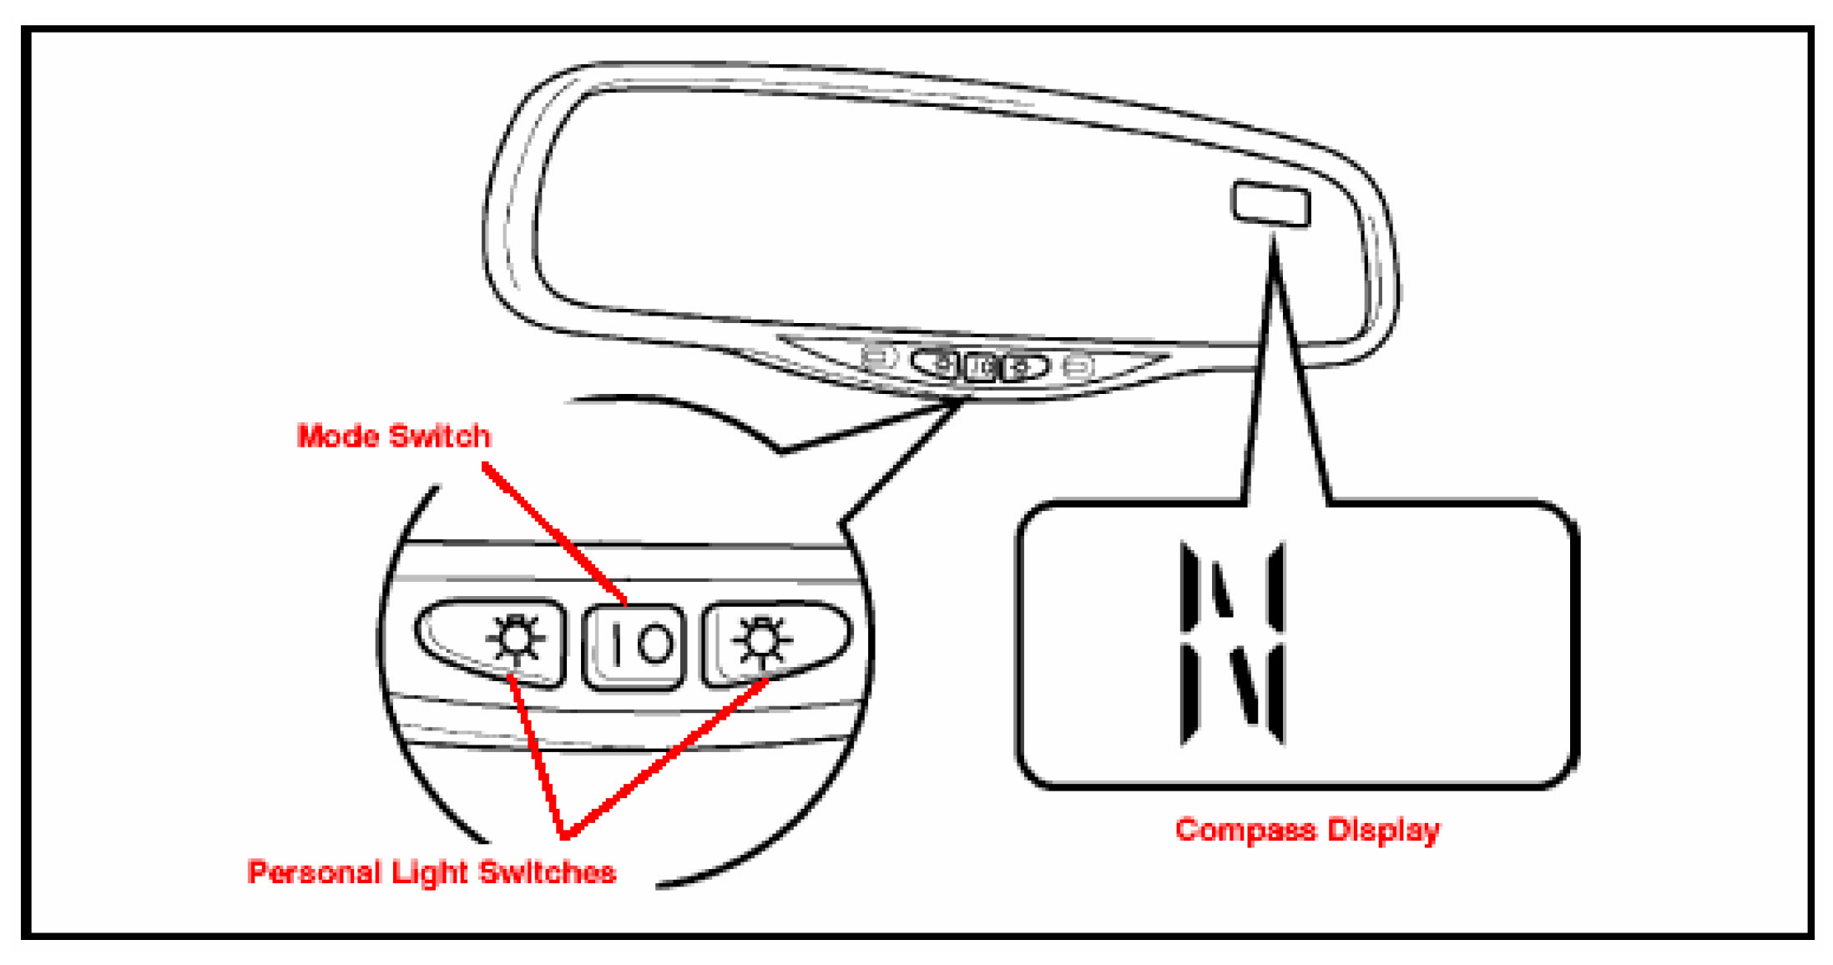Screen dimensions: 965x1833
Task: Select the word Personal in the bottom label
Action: (x=314, y=872)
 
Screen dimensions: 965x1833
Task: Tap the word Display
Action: (x=1384, y=830)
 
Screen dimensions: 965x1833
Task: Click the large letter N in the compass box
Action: (x=1232, y=643)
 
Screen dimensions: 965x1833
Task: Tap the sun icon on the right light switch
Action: (x=760, y=639)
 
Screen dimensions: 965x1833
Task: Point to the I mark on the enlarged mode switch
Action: (x=616, y=645)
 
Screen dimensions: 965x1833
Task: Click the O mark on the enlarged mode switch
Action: (x=655, y=645)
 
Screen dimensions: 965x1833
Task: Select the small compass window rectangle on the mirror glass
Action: (x=1270, y=203)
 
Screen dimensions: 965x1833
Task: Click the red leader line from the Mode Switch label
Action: (x=555, y=534)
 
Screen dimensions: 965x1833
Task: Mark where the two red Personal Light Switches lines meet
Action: (x=565, y=833)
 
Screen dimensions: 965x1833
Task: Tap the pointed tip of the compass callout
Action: (x=1273, y=240)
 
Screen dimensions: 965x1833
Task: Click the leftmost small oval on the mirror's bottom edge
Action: (x=877, y=357)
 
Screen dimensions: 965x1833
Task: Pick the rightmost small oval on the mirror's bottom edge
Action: (x=1078, y=366)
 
